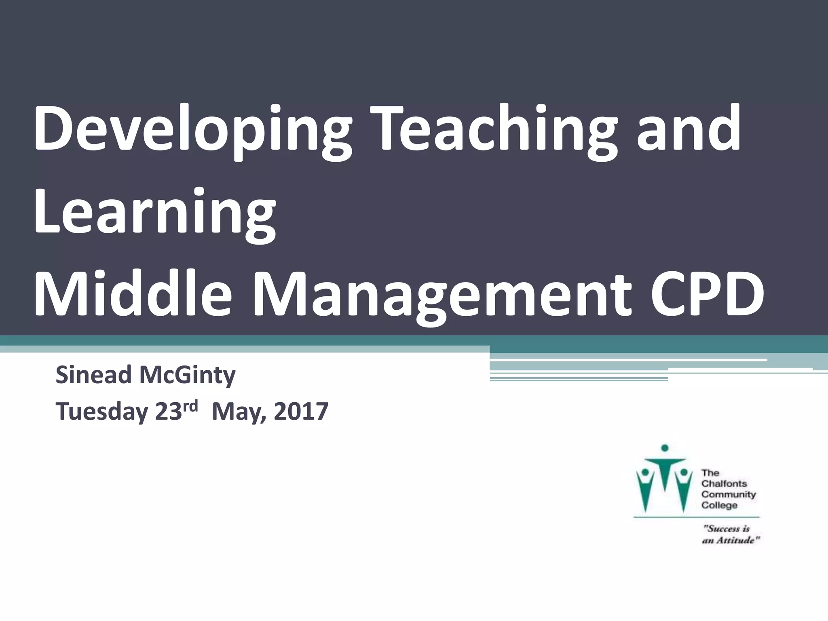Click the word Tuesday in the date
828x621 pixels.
(101, 412)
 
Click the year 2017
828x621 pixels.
(300, 412)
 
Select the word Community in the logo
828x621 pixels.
(729, 494)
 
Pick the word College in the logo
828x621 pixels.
(719, 505)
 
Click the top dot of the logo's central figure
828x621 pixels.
(665, 448)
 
